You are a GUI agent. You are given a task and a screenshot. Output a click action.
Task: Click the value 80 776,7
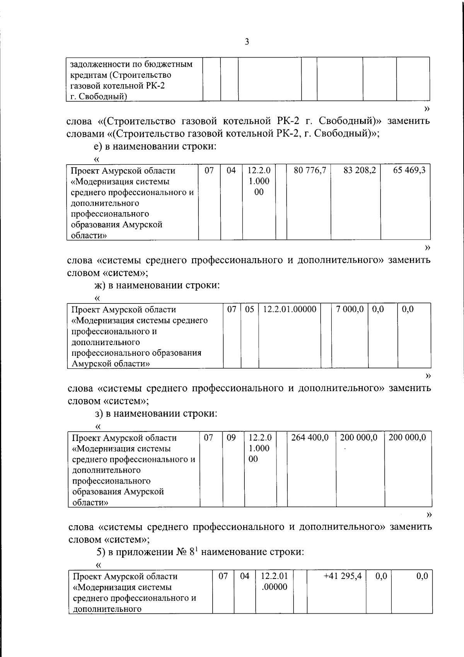[310, 170]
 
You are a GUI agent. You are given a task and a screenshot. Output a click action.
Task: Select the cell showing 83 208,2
[360, 170]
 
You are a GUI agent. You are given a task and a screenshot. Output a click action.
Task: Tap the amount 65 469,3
[409, 170]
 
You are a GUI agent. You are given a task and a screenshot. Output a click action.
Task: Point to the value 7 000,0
[350, 309]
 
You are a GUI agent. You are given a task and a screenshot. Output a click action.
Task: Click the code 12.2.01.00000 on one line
[290, 309]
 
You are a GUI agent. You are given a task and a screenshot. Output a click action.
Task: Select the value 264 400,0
[310, 437]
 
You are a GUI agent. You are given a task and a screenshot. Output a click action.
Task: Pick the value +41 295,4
[343, 576]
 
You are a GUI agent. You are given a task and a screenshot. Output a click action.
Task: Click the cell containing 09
[231, 437]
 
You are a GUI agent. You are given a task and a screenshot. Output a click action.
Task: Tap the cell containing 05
[250, 309]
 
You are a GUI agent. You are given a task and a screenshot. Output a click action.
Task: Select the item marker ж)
[100, 286]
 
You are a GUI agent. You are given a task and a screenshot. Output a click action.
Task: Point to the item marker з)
[99, 414]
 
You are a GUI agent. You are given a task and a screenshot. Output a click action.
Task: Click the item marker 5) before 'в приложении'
[100, 552]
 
